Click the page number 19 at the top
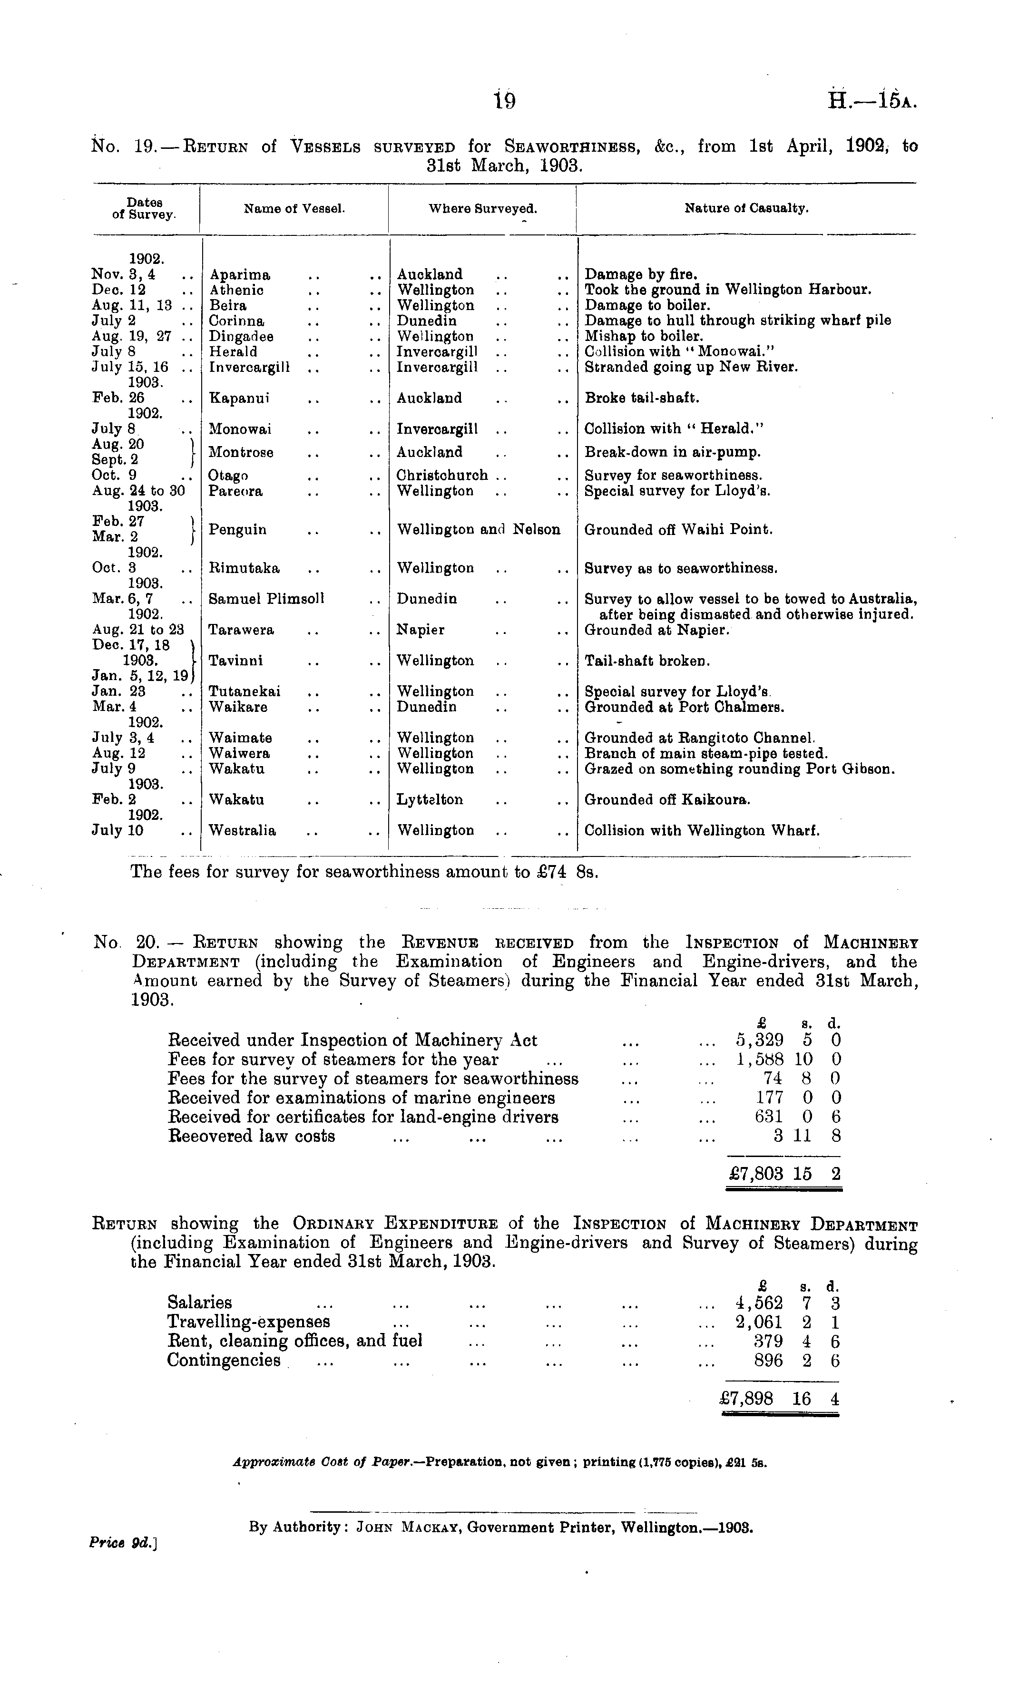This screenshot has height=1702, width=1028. pos(505,102)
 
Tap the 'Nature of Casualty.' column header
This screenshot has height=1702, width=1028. pos(746,208)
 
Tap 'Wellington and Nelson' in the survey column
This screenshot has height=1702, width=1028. pos(478,530)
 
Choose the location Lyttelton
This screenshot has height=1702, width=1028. pos(430,800)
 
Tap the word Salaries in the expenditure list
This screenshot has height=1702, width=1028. pos(199,1303)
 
